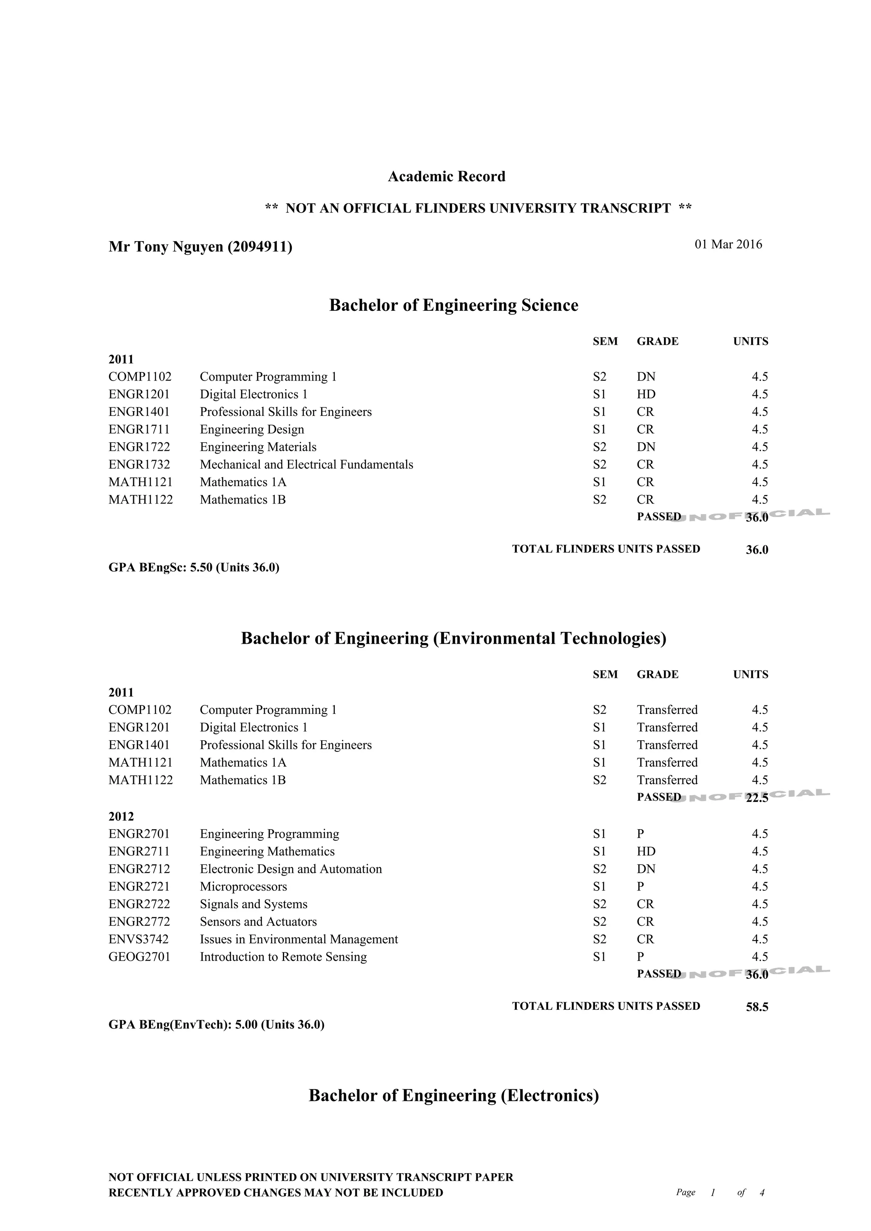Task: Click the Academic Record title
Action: [446, 176]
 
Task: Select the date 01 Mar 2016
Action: [728, 244]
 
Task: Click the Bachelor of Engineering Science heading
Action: [453, 305]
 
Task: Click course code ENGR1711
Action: [139, 429]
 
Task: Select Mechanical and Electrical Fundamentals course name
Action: [306, 464]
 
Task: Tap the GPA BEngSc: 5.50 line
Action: [194, 567]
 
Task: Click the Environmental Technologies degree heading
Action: [453, 638]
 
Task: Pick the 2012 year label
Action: [121, 816]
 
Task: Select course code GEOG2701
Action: [139, 957]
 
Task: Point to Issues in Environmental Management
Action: [299, 939]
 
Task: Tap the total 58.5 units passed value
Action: [757, 1007]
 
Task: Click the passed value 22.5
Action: [757, 798]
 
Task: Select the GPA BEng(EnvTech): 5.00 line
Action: [216, 1025]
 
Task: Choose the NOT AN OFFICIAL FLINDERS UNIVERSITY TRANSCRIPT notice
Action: [478, 208]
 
